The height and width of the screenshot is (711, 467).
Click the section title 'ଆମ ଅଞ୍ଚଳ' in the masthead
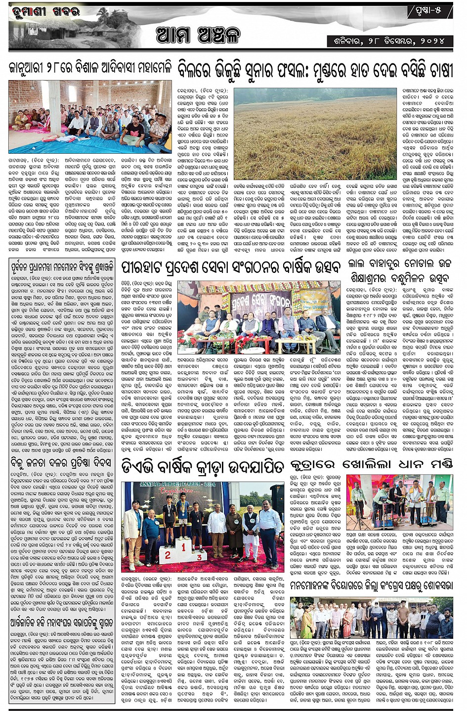[x=198, y=36]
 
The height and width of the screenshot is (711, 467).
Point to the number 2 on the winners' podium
[x=168, y=555]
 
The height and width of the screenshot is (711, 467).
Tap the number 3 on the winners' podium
[x=199, y=557]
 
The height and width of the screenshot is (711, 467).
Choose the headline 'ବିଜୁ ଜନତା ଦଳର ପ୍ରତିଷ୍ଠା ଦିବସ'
[x=61, y=463]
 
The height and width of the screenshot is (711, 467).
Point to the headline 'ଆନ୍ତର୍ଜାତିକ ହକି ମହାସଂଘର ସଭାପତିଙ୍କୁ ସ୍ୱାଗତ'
[x=61, y=622]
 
